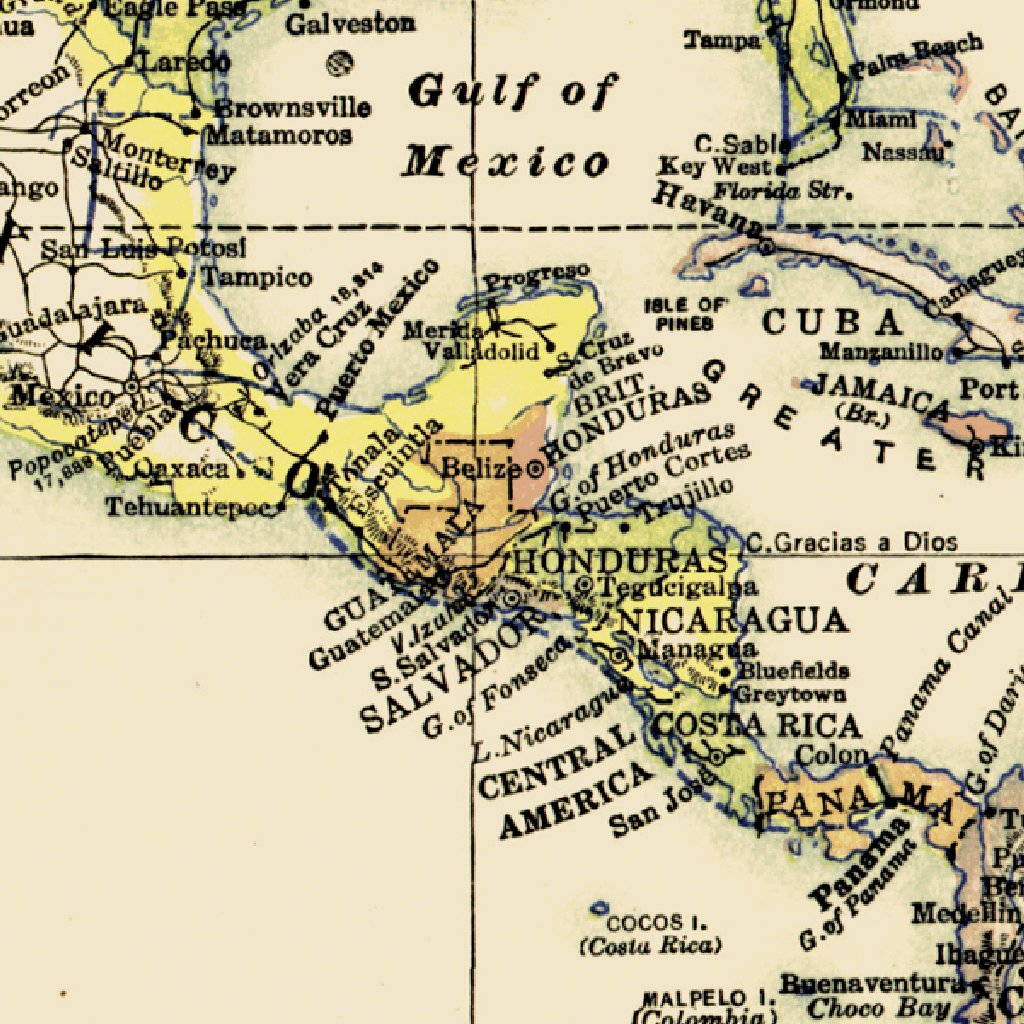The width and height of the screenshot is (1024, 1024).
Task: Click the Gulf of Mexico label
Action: (508, 126)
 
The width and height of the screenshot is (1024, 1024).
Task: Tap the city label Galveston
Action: (351, 23)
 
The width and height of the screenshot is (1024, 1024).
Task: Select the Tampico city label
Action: (257, 277)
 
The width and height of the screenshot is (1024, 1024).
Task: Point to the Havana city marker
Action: (766, 245)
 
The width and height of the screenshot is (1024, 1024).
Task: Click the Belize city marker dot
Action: (535, 467)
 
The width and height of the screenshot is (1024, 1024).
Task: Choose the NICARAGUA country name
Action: (734, 621)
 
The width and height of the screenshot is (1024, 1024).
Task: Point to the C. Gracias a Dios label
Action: (852, 543)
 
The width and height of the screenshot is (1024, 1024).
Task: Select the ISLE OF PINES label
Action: (686, 313)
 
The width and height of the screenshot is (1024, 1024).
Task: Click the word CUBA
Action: (832, 322)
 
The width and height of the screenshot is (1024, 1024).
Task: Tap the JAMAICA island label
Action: (880, 393)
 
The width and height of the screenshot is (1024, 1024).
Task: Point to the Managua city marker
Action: (620, 655)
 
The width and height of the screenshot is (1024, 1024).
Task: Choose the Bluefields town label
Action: (794, 670)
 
